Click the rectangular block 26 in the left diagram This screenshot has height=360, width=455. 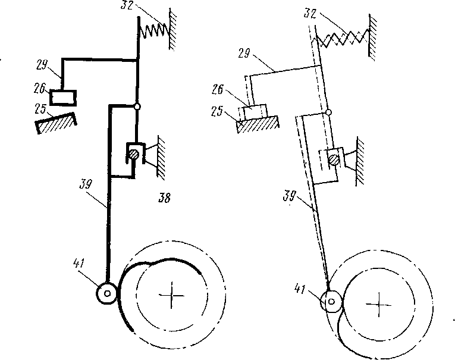tap(61, 95)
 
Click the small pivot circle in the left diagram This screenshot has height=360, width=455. tap(137, 107)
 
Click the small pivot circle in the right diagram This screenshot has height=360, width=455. tap(328, 112)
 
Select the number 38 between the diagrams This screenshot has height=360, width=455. tap(164, 198)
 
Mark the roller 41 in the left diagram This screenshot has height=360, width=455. tap(108, 292)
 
